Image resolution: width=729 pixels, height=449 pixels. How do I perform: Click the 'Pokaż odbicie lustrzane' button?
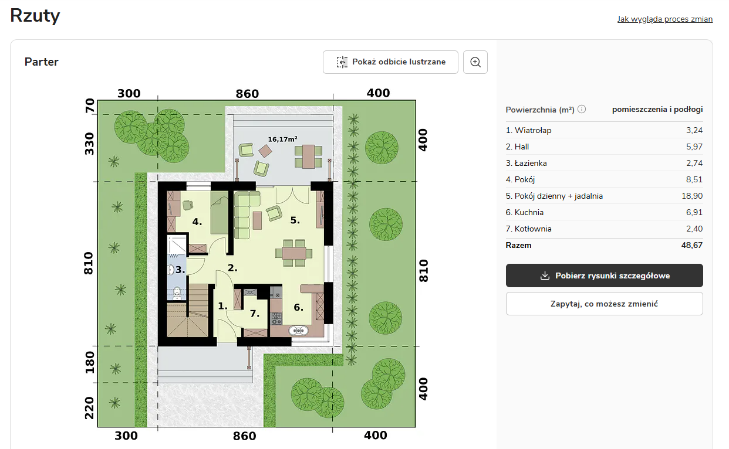point(390,62)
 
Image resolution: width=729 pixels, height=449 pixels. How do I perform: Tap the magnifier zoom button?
point(475,62)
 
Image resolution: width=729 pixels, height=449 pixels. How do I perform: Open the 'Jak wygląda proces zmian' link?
point(665,19)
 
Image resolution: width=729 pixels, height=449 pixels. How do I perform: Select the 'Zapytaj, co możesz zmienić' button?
point(604,304)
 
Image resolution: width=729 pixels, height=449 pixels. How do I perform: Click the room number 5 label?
point(295,220)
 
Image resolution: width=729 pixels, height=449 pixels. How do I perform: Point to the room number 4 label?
point(197,222)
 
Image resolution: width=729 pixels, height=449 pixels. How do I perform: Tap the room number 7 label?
point(255,314)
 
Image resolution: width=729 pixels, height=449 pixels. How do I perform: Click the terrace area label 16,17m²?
point(282,139)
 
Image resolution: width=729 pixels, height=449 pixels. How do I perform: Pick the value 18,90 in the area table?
point(692,196)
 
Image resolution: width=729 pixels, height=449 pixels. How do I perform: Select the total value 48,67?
point(692,245)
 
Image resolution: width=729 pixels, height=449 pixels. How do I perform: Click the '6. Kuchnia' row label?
point(524,212)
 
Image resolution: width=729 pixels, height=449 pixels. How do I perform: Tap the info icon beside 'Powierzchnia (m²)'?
point(582,109)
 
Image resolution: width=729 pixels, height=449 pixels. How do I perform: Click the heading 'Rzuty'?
point(35,15)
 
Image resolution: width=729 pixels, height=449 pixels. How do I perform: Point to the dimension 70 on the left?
point(89,106)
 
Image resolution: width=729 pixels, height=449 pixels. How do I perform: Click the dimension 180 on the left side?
point(89,363)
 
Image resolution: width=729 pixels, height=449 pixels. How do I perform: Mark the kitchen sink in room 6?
point(298,331)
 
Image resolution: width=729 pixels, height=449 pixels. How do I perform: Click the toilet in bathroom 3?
point(177,293)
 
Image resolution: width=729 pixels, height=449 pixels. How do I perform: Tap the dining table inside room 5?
point(294,253)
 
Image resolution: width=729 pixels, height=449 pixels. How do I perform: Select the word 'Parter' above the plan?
point(41,62)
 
